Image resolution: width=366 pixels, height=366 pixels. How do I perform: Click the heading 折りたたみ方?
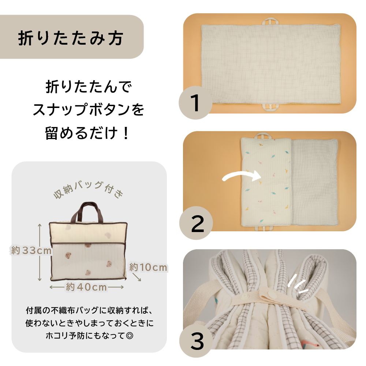click(71, 38)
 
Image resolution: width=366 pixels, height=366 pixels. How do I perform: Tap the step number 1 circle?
click(195, 103)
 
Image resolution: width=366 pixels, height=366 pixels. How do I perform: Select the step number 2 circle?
click(196, 223)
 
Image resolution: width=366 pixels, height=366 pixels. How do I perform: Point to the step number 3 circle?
click(196, 341)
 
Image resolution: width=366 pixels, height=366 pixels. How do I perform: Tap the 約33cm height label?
click(31, 251)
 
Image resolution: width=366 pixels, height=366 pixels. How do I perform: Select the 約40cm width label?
click(86, 287)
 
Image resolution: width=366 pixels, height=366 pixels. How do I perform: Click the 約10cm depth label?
click(149, 267)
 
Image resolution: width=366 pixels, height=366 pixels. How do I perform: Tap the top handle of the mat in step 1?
click(271, 22)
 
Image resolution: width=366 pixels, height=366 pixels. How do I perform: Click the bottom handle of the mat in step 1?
click(271, 106)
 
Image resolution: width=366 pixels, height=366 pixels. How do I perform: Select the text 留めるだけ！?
click(87, 133)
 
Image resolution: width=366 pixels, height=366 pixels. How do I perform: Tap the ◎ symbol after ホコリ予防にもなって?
click(130, 335)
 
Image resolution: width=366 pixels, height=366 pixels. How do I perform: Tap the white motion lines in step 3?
click(298, 284)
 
